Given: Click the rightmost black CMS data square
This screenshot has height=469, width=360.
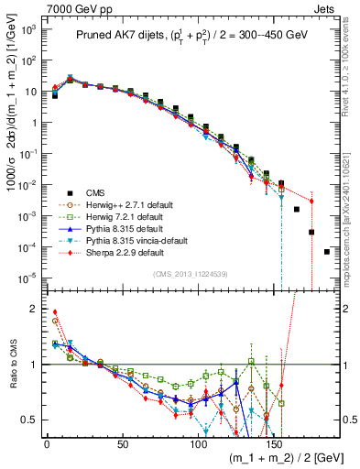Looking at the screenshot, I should [327, 251].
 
